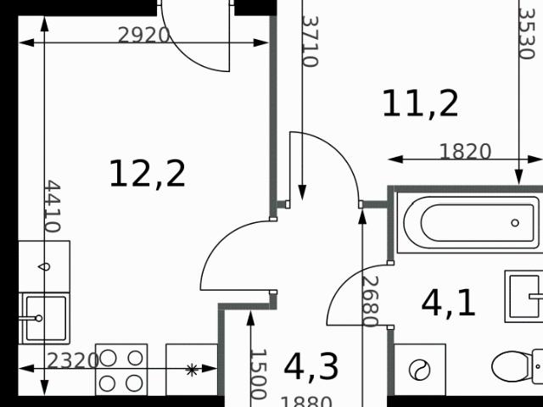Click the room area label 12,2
pos(148,174)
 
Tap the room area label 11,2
pos(421,103)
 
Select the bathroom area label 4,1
pos(448,304)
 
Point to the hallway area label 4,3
pos(311,367)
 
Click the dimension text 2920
pos(143,36)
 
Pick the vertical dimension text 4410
pos(53,206)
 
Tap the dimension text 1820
pos(465,152)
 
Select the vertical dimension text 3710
pos(310,42)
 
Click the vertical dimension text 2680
pos(370,302)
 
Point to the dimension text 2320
pos(73,361)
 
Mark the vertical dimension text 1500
pos(258,374)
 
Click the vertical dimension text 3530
pos(527,34)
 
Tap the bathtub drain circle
pos(515,223)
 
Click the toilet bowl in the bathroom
pos(512,366)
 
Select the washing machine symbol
pos(420,370)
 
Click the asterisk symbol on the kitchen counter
pos(192,370)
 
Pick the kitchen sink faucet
pos(31,318)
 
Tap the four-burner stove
pos(121,370)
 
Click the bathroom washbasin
pos(523,296)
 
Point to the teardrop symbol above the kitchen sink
pos(44,266)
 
